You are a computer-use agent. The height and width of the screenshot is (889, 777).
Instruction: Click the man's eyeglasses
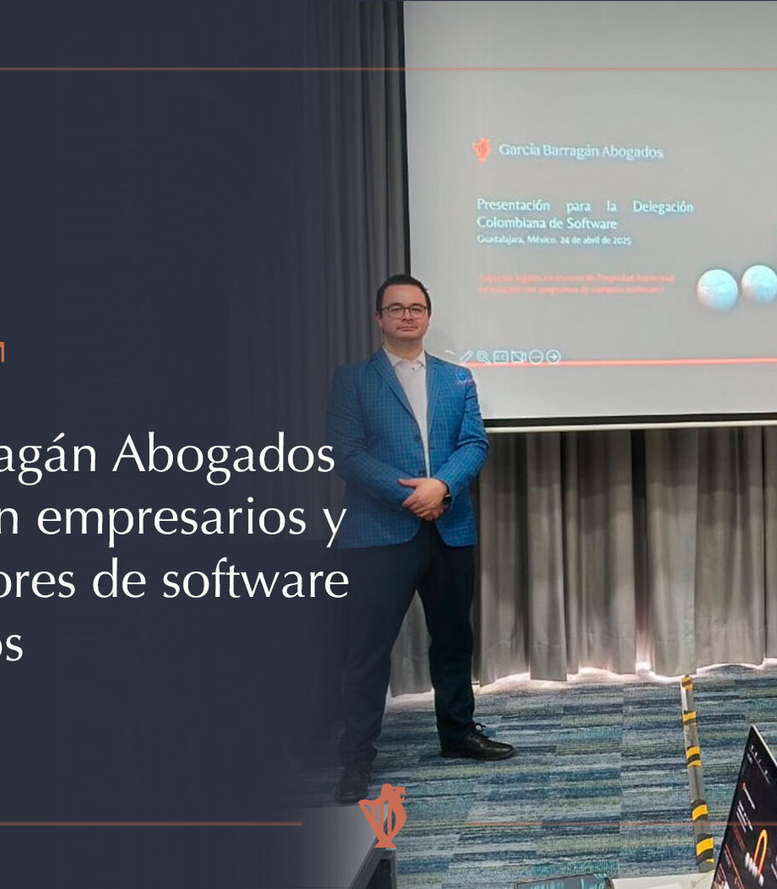(x=404, y=311)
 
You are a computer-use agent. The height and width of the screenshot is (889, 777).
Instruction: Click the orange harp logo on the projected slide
(x=481, y=150)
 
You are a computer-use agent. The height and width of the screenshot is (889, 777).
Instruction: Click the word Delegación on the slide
(x=662, y=207)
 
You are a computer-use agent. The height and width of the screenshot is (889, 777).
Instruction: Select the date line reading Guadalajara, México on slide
(x=554, y=240)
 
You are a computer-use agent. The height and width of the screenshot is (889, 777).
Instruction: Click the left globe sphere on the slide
(x=717, y=289)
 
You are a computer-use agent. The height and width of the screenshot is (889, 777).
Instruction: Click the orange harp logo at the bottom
(x=382, y=815)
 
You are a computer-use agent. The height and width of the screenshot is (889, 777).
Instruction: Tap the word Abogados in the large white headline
(x=224, y=457)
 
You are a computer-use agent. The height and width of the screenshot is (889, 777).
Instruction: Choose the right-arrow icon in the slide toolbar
(x=553, y=357)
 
